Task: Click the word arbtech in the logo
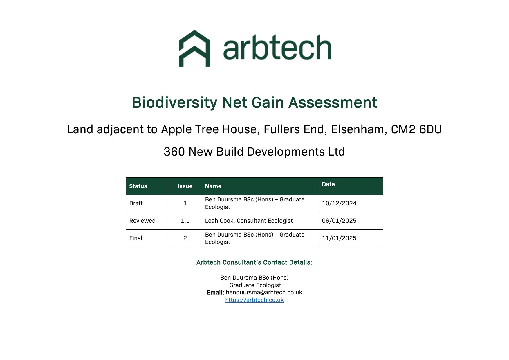(x=277, y=47)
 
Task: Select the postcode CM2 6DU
(x=416, y=129)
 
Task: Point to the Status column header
(x=138, y=186)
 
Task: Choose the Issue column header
(x=185, y=186)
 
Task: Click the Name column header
(x=213, y=186)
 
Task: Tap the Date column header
(x=328, y=184)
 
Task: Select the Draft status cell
(x=136, y=203)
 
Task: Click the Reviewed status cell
(x=142, y=221)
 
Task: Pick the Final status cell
(x=136, y=238)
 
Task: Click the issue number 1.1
(x=185, y=221)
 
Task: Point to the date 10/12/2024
(x=339, y=203)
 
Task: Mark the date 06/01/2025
(x=339, y=221)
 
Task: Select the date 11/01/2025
(x=339, y=238)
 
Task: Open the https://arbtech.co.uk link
(x=255, y=300)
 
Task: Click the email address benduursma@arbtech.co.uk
(x=264, y=292)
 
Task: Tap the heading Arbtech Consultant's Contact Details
(x=255, y=262)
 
